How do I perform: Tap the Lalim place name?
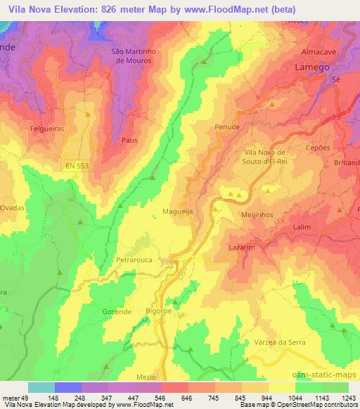302,228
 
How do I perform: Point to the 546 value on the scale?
149,398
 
